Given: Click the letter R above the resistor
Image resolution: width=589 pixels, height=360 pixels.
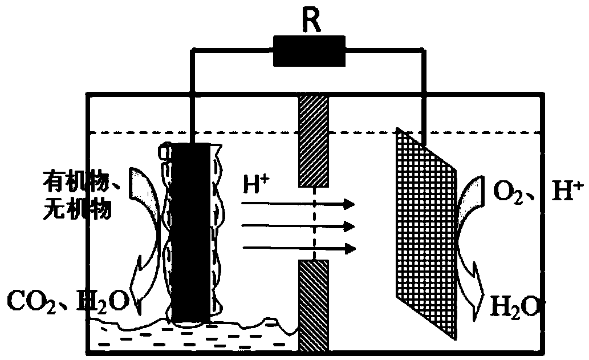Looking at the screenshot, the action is point(311,20).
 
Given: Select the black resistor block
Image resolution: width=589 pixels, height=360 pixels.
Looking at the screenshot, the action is point(309,51).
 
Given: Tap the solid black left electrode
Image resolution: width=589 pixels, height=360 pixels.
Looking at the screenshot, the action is point(190,233).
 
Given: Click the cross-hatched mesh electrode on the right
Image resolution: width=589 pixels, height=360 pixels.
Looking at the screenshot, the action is point(426,233).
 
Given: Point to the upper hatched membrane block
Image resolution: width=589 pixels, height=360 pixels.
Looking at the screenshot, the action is point(313,141).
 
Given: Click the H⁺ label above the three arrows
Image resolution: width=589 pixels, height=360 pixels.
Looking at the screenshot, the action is point(256,184).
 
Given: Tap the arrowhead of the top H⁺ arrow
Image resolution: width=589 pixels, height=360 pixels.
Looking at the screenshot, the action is point(350,204).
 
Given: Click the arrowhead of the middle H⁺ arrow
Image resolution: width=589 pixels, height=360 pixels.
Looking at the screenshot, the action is point(350,226).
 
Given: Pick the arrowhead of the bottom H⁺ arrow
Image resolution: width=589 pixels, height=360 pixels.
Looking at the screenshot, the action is point(350,248).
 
